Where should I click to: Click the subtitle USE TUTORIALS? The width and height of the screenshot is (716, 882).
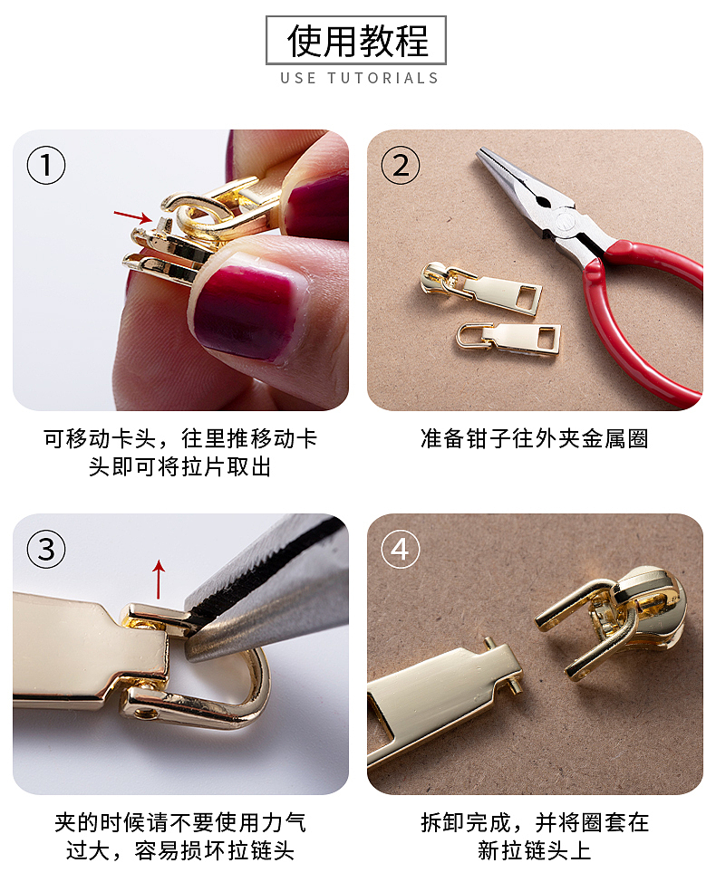pyautogui.click(x=359, y=78)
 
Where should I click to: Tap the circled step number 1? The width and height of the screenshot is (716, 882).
pyautogui.click(x=46, y=166)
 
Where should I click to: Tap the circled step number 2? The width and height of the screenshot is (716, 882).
pyautogui.click(x=400, y=166)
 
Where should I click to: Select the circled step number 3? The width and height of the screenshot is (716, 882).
pyautogui.click(x=46, y=549)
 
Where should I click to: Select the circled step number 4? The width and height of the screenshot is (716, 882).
pyautogui.click(x=400, y=549)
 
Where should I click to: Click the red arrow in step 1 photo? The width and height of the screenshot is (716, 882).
pyautogui.click(x=132, y=216)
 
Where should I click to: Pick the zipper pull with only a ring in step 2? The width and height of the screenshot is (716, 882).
pyautogui.click(x=509, y=337)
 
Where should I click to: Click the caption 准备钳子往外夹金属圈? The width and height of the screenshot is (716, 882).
pyautogui.click(x=535, y=439)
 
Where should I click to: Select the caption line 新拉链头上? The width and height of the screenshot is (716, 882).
pyautogui.click(x=535, y=850)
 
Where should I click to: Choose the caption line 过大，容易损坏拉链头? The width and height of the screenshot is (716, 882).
pyautogui.click(x=179, y=850)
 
